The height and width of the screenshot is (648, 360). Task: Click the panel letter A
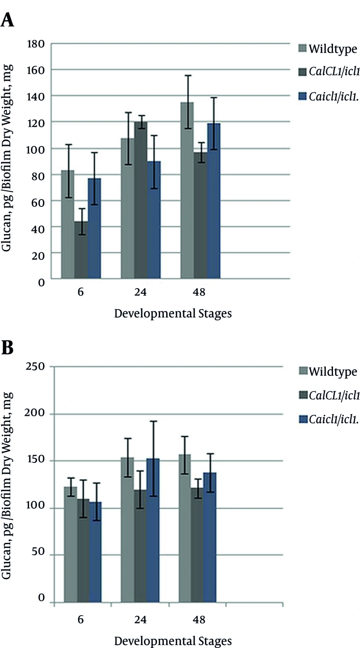7,20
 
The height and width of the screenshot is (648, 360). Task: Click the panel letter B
7,348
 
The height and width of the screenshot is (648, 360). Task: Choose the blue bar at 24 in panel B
153,530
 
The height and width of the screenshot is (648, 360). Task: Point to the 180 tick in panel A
36,44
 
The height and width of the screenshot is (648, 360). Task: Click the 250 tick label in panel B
35,367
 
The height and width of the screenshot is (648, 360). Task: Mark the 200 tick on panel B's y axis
35,413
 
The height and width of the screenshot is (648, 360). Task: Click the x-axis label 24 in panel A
140,292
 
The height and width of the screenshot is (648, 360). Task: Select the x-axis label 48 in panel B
199,620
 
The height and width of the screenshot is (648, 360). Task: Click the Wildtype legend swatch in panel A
302,49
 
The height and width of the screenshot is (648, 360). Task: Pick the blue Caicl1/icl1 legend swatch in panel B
303,419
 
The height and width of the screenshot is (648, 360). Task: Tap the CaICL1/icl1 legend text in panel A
334,72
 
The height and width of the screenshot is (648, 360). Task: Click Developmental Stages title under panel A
173,313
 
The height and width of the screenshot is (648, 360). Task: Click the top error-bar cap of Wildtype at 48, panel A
187,76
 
